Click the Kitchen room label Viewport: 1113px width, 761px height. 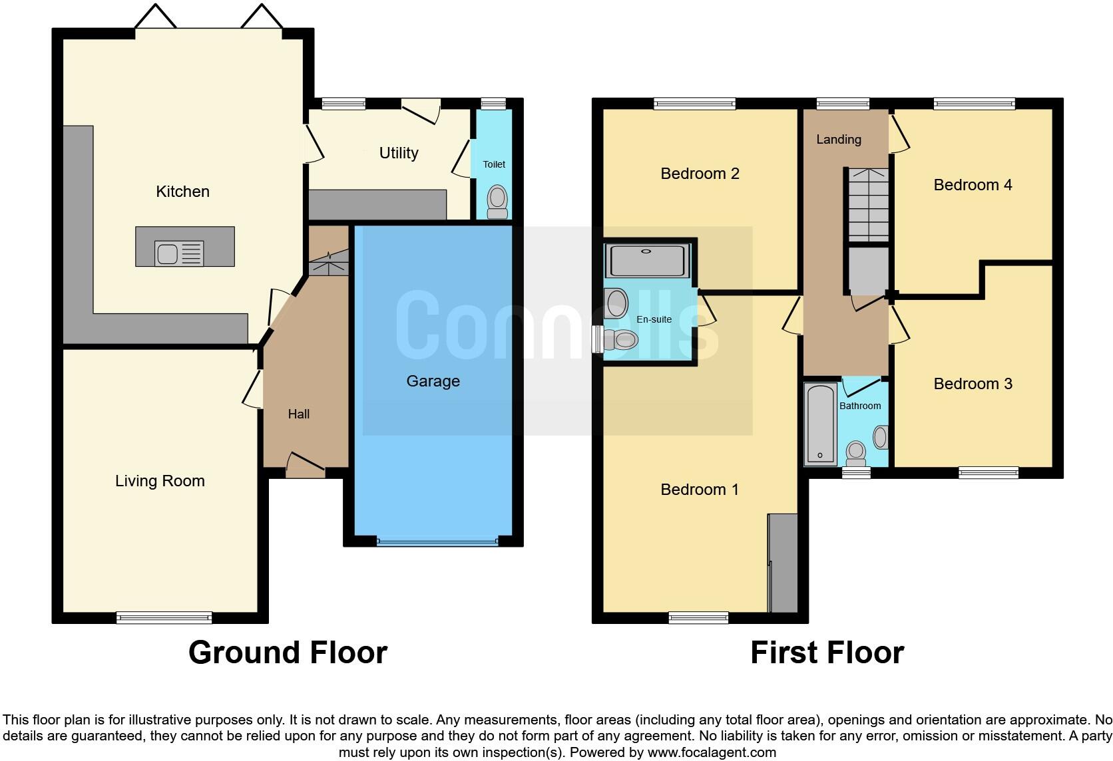pyautogui.click(x=182, y=192)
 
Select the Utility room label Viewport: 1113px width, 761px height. pyautogui.click(x=399, y=153)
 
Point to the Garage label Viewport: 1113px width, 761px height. pyautogui.click(x=433, y=381)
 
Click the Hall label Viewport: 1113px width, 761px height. pyautogui.click(x=298, y=414)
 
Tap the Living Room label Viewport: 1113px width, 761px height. pyautogui.click(x=160, y=481)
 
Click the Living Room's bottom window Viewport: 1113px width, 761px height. pyautogui.click(x=164, y=617)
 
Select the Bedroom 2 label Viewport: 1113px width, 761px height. pyautogui.click(x=700, y=174)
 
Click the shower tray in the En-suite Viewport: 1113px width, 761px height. pyautogui.click(x=647, y=261)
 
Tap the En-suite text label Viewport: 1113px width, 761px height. pyautogui.click(x=654, y=319)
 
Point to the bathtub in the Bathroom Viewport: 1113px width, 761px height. pyautogui.click(x=820, y=424)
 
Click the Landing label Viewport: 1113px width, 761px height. pyautogui.click(x=838, y=139)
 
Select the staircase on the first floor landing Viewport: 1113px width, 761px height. pyautogui.click(x=868, y=204)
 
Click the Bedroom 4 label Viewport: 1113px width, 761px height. pyautogui.click(x=973, y=185)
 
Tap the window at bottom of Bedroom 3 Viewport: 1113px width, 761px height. pyautogui.click(x=988, y=472)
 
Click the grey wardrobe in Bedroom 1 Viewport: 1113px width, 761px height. pyautogui.click(x=783, y=563)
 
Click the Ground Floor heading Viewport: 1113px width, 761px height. pyautogui.click(x=288, y=653)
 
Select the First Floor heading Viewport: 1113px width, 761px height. pyautogui.click(x=827, y=653)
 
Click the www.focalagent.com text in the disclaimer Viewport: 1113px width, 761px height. pyautogui.click(x=712, y=753)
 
